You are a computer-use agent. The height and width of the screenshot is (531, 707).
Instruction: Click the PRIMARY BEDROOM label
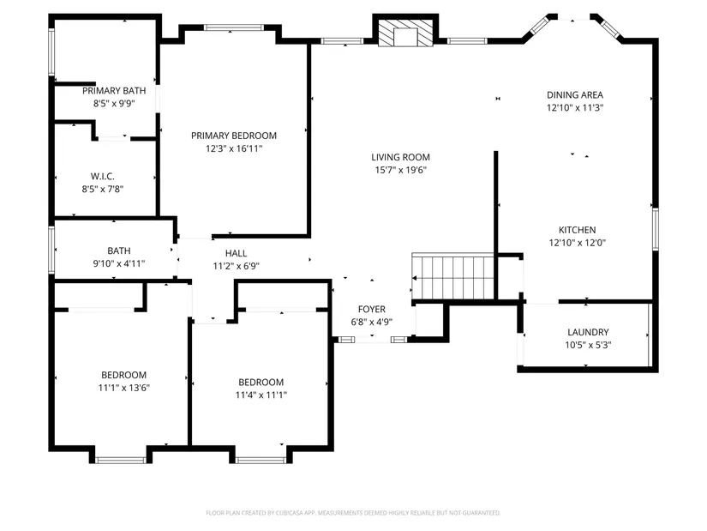[234, 136]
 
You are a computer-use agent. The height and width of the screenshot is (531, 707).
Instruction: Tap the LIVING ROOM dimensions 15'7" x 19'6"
[401, 170]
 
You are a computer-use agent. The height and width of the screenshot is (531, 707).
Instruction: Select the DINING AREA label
[575, 95]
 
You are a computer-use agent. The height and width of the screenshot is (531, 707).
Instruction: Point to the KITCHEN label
[577, 230]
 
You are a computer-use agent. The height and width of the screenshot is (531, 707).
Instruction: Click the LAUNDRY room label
[588, 332]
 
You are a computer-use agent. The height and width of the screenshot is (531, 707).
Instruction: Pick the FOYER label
[372, 310]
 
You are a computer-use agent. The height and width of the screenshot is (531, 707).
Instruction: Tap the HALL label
[236, 253]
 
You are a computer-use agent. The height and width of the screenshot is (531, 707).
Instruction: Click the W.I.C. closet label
[102, 176]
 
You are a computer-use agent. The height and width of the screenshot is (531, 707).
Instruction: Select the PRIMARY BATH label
[114, 91]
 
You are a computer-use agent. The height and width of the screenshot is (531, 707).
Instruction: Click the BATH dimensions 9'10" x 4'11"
[119, 263]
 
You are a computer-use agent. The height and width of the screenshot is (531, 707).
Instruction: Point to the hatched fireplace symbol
[404, 33]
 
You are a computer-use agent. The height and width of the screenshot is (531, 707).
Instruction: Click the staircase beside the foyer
[453, 276]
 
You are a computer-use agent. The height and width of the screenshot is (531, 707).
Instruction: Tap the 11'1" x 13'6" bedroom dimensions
[124, 388]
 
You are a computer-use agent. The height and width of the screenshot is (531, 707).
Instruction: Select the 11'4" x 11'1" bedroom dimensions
[261, 395]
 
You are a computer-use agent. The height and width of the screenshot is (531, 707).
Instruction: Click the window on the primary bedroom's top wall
[234, 27]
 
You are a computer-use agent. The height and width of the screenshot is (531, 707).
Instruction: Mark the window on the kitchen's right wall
[655, 229]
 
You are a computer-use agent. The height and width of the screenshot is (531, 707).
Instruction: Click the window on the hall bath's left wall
[51, 250]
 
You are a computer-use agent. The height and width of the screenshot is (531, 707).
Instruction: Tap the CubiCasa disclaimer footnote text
[353, 513]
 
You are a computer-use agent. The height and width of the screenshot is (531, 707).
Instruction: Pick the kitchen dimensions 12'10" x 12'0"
[577, 243]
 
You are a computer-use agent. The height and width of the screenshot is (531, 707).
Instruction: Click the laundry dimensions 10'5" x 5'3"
[588, 346]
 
